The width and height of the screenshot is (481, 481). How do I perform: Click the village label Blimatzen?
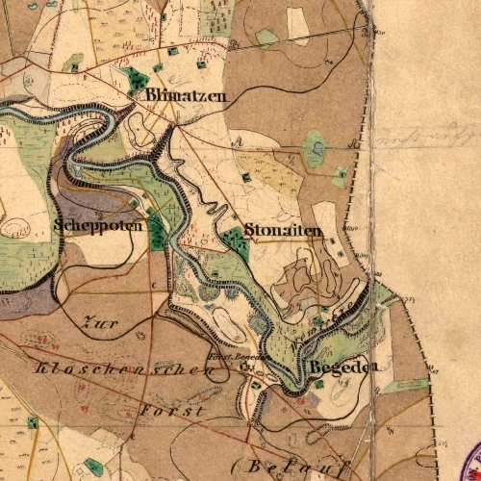click(187, 96)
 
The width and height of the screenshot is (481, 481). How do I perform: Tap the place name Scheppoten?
click(99, 226)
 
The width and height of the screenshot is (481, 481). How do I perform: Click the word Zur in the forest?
click(100, 324)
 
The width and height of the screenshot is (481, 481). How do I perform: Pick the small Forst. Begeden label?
click(235, 355)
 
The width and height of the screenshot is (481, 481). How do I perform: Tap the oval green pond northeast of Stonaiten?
click(315, 149)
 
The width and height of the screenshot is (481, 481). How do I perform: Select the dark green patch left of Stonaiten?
click(235, 242)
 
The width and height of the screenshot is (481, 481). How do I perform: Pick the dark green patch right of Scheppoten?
click(157, 234)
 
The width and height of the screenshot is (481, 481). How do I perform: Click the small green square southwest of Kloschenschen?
click(33, 422)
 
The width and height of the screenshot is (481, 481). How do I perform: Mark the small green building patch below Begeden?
click(319, 385)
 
